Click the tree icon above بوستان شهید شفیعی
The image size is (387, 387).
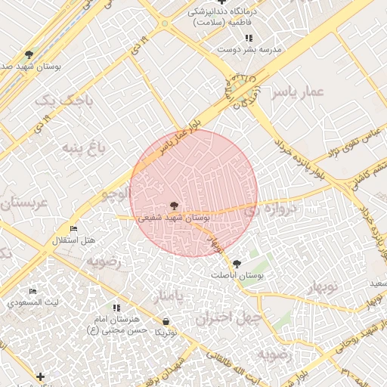pos(175,205)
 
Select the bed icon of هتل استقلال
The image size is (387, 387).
pos(73,228)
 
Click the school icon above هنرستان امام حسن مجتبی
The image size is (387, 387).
pos(116,308)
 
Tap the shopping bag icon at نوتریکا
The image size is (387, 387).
pos(166,321)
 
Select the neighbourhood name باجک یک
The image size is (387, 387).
pos(57,100)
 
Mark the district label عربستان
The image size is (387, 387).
pos(23,203)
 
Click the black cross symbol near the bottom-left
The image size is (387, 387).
pos(40,376)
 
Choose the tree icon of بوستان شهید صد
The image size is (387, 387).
pos(29,54)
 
